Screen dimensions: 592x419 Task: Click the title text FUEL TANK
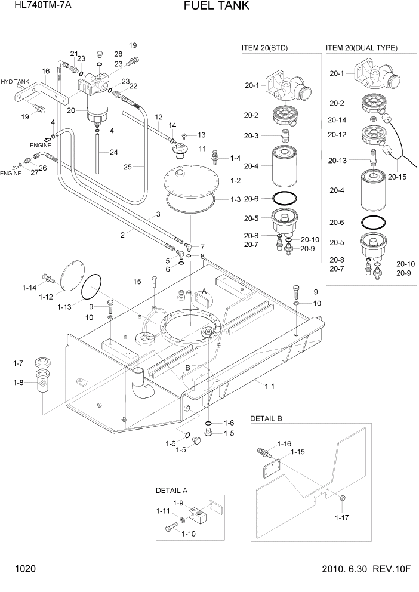click(208, 7)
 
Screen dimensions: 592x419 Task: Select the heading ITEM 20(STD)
click(264, 48)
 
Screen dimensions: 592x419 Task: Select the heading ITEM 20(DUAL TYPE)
click(362, 48)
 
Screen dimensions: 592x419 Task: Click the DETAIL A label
click(172, 490)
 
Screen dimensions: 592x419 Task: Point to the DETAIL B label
click(266, 418)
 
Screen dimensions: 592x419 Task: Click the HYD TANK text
click(15, 82)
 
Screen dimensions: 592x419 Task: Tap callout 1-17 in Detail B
click(341, 517)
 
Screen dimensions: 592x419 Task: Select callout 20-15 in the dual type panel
click(396, 177)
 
